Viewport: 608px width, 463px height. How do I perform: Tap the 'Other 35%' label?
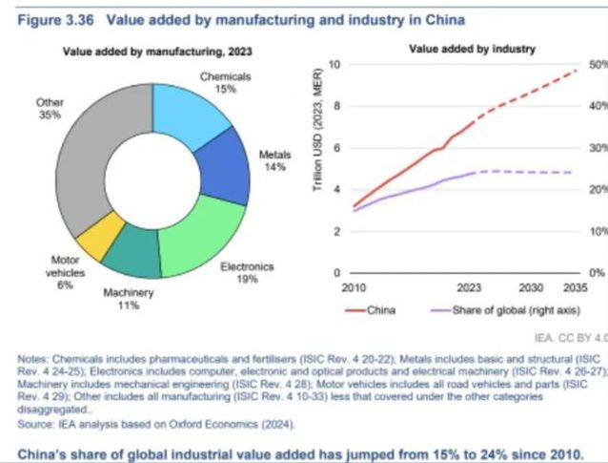click(51, 107)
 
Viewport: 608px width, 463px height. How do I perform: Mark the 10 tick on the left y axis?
click(334, 64)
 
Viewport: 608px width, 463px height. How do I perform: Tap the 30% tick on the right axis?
click(598, 148)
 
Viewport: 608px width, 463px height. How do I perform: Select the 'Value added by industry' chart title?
click(472, 48)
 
